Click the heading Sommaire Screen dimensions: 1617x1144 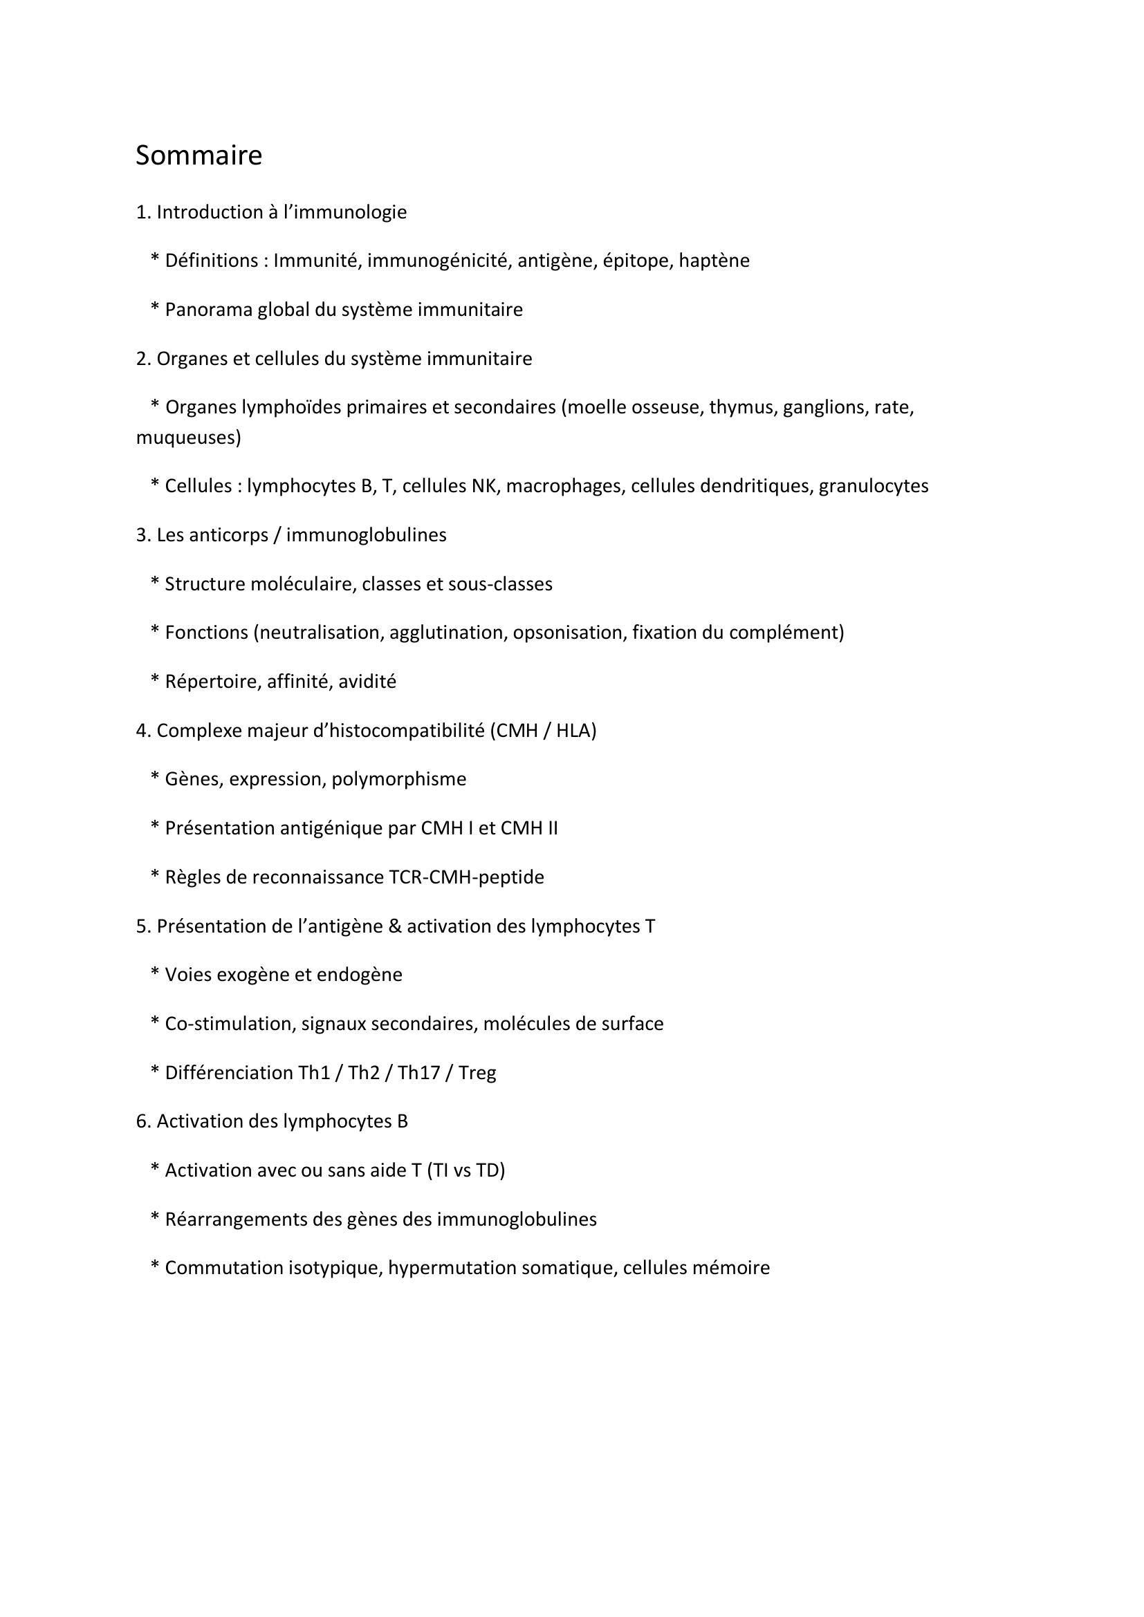199,156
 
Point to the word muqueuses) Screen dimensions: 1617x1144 188,438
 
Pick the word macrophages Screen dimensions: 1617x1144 566,486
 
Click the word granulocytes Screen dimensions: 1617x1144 874,486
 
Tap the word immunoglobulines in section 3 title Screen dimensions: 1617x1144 367,535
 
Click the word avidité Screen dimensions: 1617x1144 367,682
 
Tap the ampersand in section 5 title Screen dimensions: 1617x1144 394,927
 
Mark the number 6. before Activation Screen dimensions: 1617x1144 143,1121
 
